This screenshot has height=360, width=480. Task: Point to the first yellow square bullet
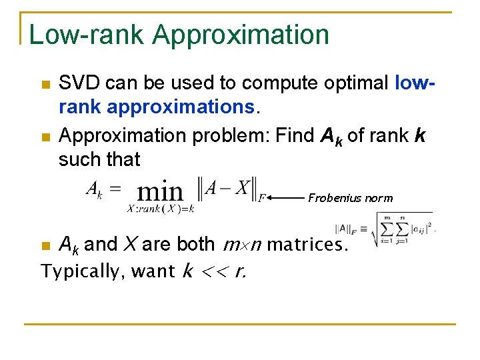tap(45, 85)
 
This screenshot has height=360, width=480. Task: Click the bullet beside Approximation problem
tap(45, 137)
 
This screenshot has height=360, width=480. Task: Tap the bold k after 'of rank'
tap(420, 136)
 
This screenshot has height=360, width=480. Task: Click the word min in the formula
tap(160, 193)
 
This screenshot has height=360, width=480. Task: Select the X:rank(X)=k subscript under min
tap(160, 209)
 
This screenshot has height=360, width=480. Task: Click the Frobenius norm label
tap(350, 198)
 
